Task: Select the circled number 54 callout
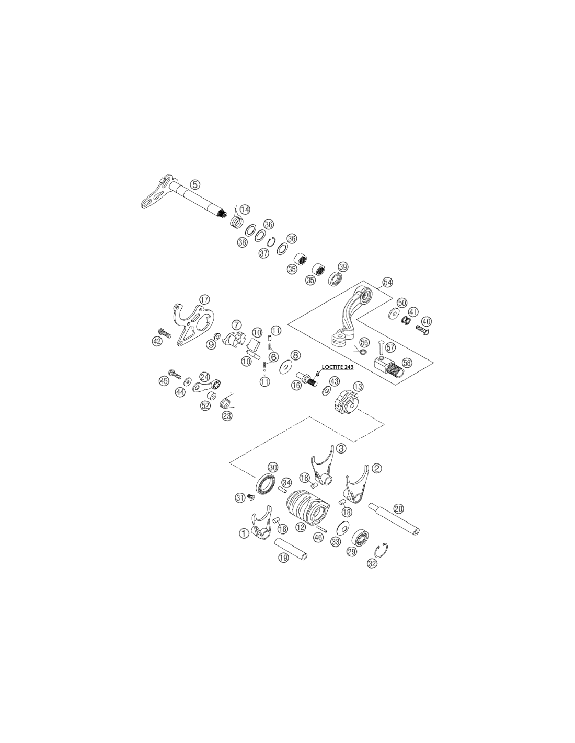pos(387,283)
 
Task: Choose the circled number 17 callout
pos(204,299)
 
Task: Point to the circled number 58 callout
pos(407,363)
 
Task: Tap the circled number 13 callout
pos(358,387)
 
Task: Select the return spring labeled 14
pos(236,220)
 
